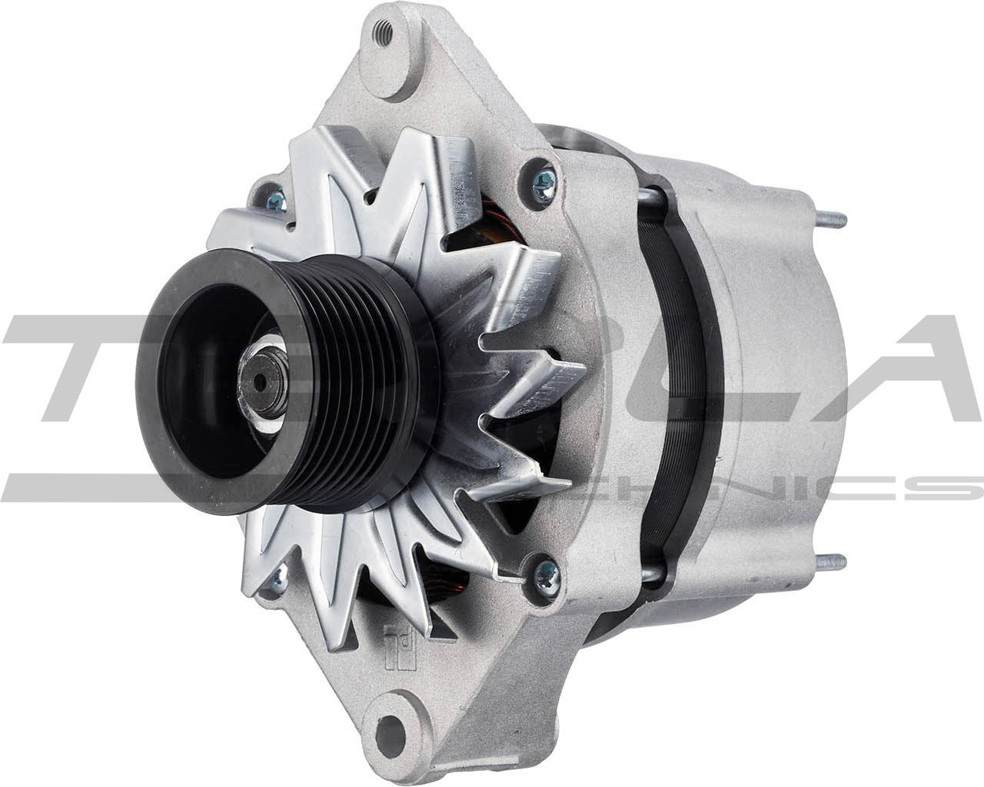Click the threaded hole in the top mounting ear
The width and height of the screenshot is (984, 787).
tap(382, 32)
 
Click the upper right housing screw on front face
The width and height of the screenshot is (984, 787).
tap(544, 183)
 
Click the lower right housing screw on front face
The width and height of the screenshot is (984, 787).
tap(547, 573)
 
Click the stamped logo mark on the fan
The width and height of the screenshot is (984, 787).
tap(399, 635)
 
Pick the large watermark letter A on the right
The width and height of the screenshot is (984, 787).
tap(915, 369)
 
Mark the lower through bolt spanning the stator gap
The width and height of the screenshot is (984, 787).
tap(650, 573)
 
